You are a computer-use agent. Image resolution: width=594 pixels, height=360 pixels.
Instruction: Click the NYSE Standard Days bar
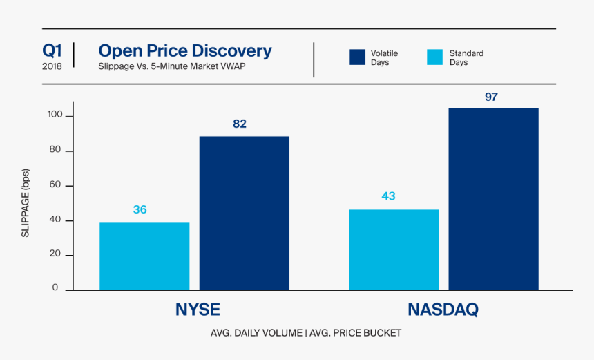point(144,256)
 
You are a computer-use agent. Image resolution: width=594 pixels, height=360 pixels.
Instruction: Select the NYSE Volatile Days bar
point(245,213)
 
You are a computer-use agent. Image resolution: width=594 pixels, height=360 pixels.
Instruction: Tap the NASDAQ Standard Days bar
point(394,249)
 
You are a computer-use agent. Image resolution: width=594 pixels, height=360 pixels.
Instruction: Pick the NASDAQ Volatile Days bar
point(493,199)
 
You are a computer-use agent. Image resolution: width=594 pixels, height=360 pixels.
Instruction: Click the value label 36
point(140,209)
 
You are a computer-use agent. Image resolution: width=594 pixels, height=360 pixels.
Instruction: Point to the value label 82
point(240,124)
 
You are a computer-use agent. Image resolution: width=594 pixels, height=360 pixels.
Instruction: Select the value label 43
point(388,196)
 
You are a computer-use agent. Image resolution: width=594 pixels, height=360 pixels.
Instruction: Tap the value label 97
point(491,97)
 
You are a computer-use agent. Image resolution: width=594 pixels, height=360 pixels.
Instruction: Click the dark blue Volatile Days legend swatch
point(357,57)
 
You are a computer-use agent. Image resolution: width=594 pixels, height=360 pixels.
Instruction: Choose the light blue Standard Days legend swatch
point(435,57)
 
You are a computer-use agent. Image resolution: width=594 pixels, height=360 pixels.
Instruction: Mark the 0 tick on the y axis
point(55,289)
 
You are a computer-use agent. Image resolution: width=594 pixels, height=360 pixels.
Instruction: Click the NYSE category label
point(198,310)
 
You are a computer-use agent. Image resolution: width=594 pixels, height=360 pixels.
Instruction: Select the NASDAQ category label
point(443,310)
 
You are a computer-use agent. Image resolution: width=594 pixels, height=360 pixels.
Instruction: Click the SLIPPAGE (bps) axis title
point(26,203)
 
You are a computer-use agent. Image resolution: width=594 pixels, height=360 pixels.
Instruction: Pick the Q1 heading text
point(52,50)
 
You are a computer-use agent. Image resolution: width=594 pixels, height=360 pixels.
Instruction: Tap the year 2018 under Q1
point(52,66)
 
